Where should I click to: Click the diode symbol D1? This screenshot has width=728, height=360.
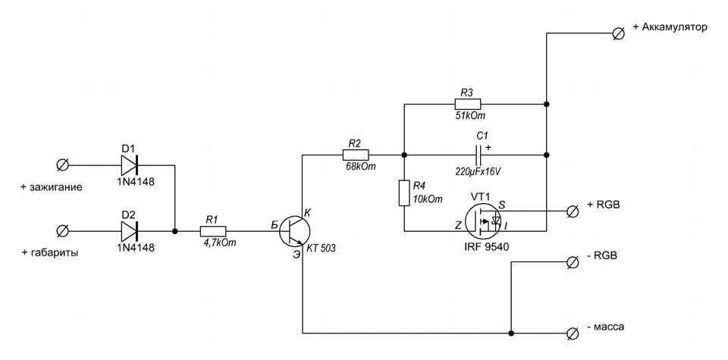130,164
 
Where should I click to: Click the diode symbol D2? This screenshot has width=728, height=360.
130,230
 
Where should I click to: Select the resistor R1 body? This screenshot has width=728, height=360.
213,230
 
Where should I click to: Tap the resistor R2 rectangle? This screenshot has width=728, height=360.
356,155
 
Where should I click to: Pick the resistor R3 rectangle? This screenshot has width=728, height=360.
467,104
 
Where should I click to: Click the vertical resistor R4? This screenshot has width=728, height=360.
404,193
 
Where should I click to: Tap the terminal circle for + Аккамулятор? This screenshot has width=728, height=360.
618,33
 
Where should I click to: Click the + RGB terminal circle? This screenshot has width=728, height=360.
573,211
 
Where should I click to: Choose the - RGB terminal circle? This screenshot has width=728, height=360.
573,261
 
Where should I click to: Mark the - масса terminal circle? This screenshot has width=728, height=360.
573,333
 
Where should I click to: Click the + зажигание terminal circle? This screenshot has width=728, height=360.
61,164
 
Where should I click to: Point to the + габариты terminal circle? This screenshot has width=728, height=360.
61,230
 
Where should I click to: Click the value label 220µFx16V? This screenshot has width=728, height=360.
479,171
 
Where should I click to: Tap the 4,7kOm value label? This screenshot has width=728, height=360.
220,243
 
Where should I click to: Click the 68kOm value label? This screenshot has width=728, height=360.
360,167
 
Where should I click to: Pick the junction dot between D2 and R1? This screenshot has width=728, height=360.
175,230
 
